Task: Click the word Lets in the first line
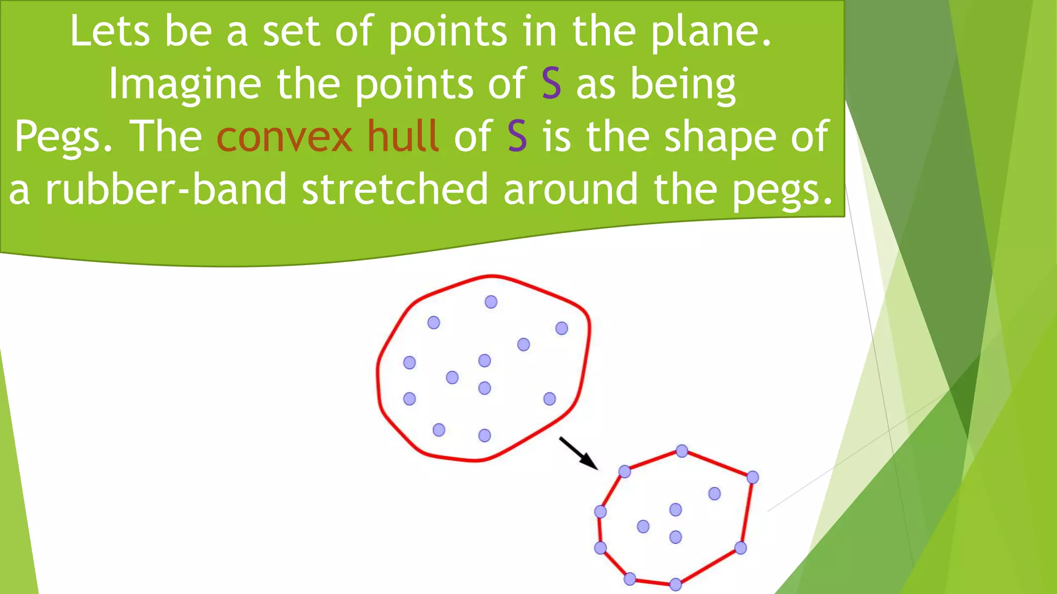click(x=109, y=31)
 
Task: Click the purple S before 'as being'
click(x=551, y=84)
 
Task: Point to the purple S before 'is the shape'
click(x=517, y=136)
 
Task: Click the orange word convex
click(x=284, y=137)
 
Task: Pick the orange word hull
click(x=403, y=136)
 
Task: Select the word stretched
click(x=395, y=189)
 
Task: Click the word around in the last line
click(x=571, y=189)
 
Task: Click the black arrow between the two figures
click(x=579, y=454)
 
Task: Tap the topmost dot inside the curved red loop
click(x=491, y=302)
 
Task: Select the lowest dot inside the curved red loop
click(x=484, y=436)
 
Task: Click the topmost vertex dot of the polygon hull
click(x=682, y=451)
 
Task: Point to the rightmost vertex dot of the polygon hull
click(x=752, y=477)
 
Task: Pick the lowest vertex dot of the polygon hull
click(x=675, y=584)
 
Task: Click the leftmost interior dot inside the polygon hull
click(x=643, y=526)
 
